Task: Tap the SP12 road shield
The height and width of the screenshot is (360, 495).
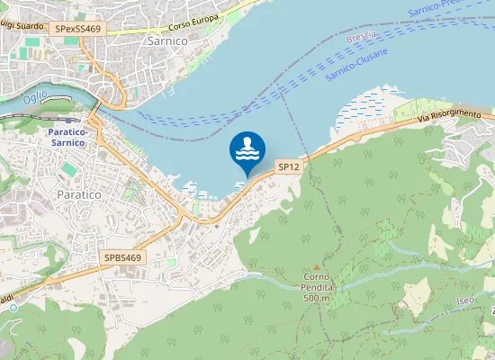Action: click(x=288, y=166)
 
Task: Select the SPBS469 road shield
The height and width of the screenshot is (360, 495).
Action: click(x=123, y=257)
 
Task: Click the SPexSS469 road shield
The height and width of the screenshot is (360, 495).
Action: click(x=77, y=29)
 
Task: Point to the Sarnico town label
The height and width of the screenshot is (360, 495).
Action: click(x=165, y=65)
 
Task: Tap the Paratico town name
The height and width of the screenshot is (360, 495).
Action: click(x=79, y=194)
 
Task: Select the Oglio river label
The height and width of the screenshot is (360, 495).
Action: click(x=36, y=96)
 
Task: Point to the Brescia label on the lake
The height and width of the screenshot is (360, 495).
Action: click(x=362, y=38)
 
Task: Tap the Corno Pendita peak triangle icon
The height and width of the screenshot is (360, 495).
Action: click(x=316, y=267)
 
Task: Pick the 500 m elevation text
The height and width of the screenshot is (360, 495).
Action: click(x=318, y=298)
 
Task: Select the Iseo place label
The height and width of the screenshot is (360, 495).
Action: click(x=464, y=300)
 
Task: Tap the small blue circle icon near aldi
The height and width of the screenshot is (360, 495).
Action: click(x=13, y=307)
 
